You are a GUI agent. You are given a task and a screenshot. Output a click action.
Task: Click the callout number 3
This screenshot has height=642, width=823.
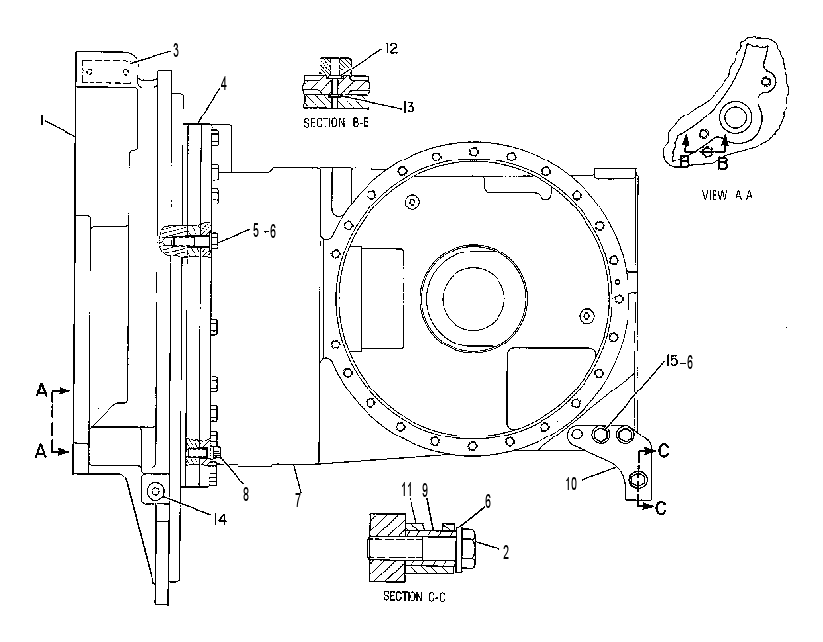click(176, 50)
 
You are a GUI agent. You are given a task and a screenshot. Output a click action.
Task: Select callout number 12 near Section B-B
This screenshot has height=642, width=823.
click(391, 49)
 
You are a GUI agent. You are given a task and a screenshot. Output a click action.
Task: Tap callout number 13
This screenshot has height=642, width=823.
click(408, 108)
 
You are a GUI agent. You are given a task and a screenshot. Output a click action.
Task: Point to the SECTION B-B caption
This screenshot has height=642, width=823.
click(338, 123)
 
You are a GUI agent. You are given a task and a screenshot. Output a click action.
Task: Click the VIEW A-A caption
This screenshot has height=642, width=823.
click(726, 195)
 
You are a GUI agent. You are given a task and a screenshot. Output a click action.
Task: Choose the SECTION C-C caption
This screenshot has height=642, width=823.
click(414, 596)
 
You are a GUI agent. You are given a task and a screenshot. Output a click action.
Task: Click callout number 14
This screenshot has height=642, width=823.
click(220, 519)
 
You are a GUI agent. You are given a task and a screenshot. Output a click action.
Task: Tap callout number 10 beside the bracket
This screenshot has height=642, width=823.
click(571, 483)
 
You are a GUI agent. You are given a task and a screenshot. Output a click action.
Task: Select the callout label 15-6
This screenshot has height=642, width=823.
click(678, 362)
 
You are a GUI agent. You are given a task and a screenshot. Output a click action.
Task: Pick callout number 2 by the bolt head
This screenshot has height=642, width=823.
click(506, 552)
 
